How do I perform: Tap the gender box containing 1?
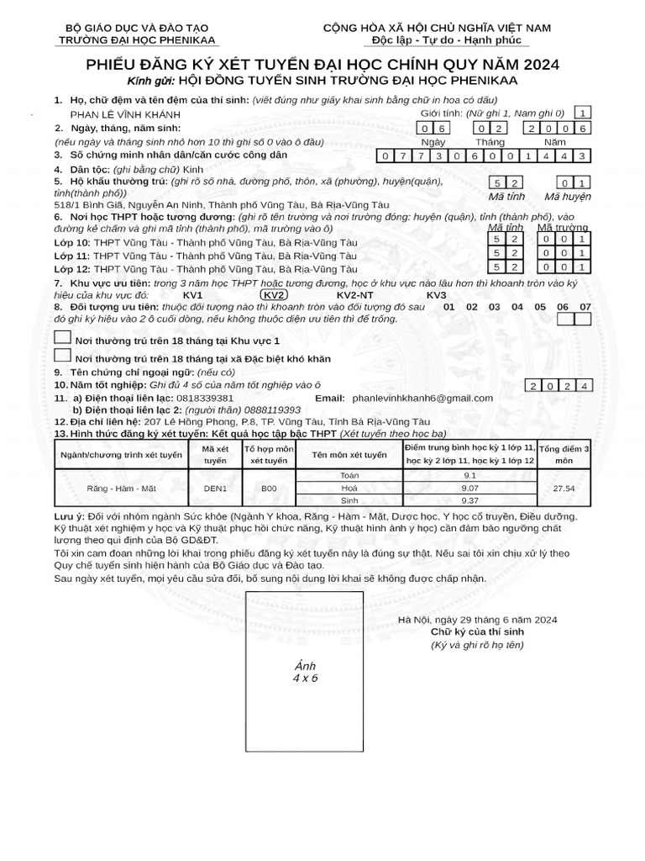583,113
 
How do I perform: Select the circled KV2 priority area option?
274,295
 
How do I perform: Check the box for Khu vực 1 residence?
62,337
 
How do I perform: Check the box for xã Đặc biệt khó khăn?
62,357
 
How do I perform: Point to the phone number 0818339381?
201,397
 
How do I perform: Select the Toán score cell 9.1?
469,476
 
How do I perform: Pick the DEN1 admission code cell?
215,488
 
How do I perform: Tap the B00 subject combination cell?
269,488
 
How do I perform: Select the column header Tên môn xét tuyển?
349,455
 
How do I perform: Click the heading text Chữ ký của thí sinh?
477,632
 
